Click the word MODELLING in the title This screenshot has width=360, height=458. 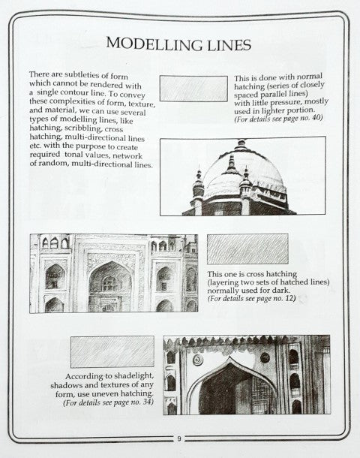coord(149,44)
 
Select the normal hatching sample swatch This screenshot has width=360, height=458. coord(193,89)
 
